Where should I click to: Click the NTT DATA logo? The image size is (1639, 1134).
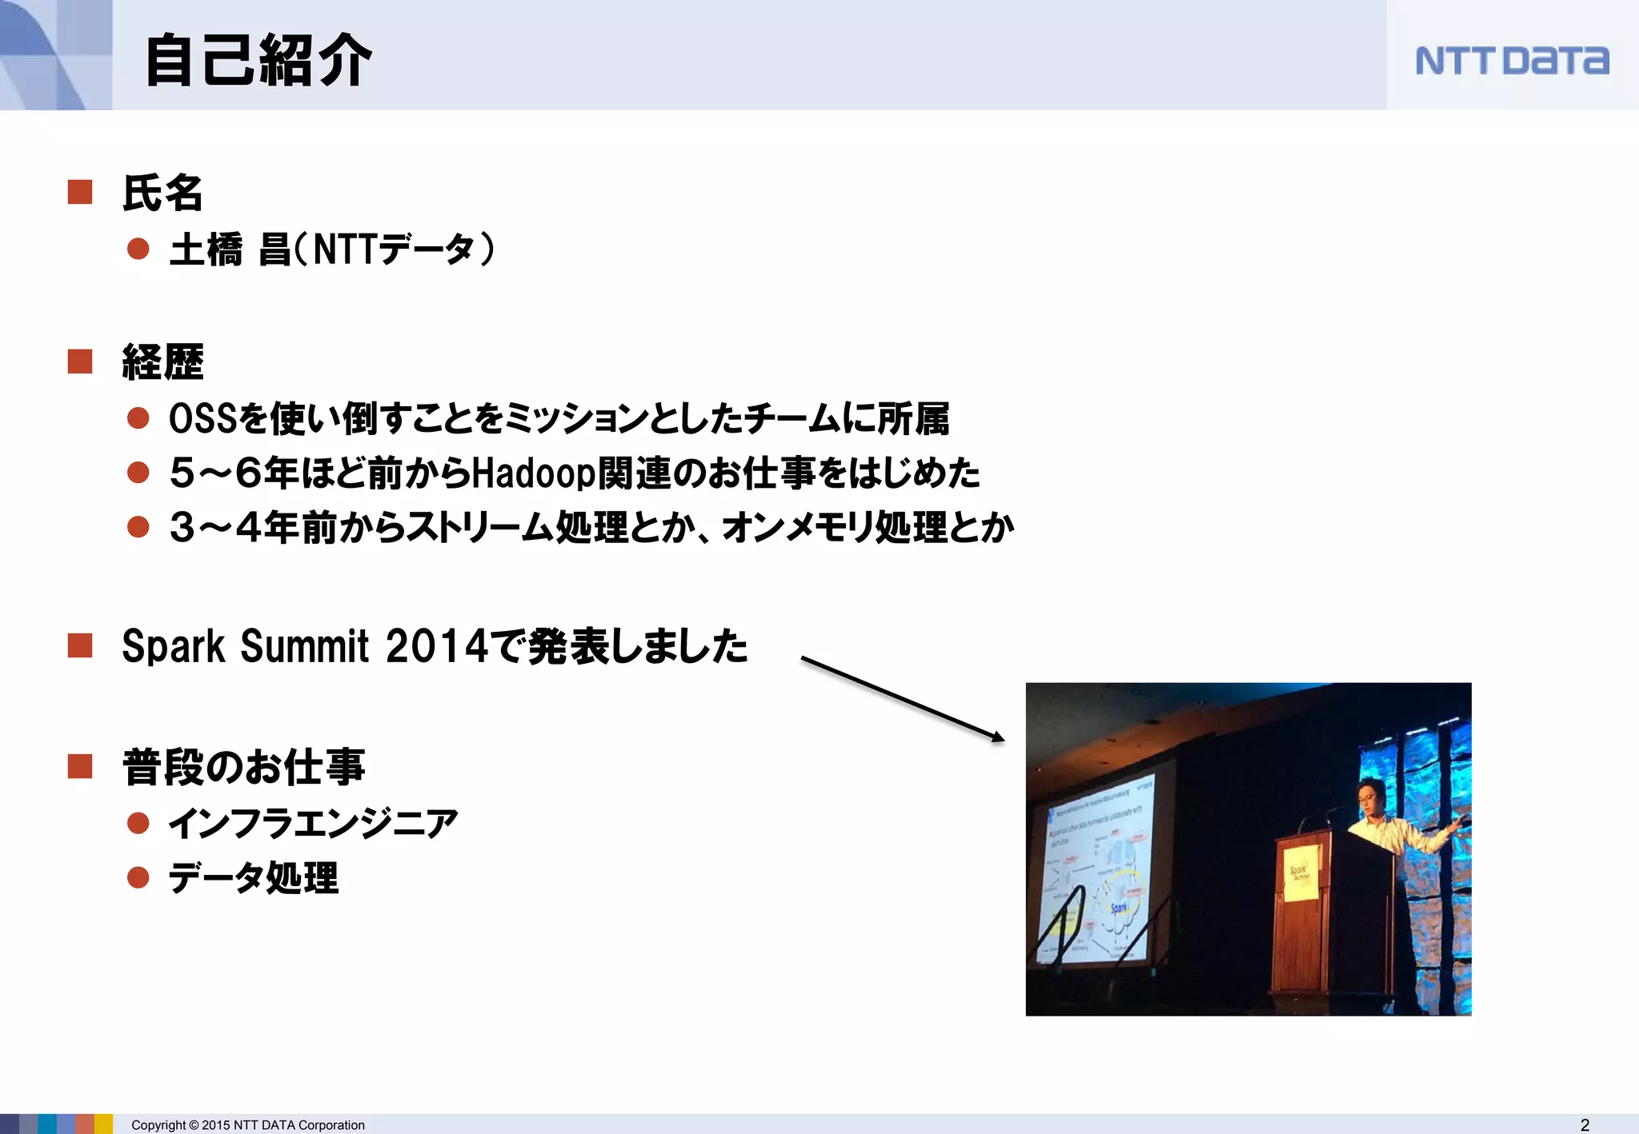tap(1511, 61)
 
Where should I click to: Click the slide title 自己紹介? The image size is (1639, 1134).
tap(258, 61)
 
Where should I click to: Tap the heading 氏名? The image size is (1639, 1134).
tap(162, 194)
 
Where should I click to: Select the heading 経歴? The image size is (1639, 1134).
tap(162, 362)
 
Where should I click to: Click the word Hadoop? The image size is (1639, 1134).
tap(534, 473)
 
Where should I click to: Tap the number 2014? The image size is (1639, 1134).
tap(436, 646)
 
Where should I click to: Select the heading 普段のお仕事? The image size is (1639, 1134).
tap(243, 767)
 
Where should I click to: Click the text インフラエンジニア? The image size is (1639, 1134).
tap(313, 824)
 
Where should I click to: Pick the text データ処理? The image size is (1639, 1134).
tap(254, 878)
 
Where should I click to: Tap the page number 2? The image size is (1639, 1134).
tap(1585, 1124)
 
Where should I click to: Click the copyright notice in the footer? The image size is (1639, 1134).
tap(248, 1125)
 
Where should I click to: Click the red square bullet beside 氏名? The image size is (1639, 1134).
tap(80, 193)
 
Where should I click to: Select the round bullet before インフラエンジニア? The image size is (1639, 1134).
tap(138, 823)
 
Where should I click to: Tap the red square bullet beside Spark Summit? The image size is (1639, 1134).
tap(80, 645)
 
